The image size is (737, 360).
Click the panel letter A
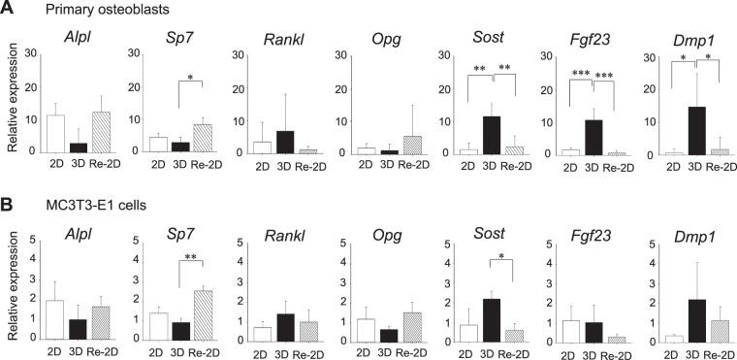pyautogui.click(x=9, y=10)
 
